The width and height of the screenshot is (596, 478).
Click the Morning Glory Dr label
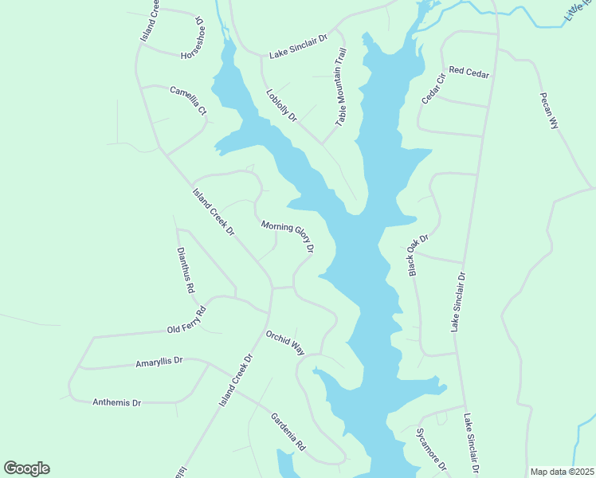pyautogui.click(x=288, y=237)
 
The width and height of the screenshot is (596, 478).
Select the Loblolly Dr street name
pyautogui.click(x=281, y=104)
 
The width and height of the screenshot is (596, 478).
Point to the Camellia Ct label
pyautogui.click(x=188, y=100)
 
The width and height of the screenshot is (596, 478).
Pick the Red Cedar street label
pyautogui.click(x=469, y=72)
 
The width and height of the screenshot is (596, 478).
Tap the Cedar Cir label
pyautogui.click(x=432, y=88)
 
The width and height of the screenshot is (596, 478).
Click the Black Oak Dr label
pyautogui.click(x=418, y=255)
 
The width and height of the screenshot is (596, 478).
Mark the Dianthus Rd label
pyautogui.click(x=185, y=270)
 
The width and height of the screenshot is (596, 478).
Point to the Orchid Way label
pyautogui.click(x=286, y=343)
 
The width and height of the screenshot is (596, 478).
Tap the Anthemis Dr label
pyautogui.click(x=116, y=402)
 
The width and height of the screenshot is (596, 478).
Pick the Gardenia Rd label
pyautogui.click(x=288, y=432)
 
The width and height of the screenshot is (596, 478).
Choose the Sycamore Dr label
pyautogui.click(x=431, y=449)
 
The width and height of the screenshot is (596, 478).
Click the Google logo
pyautogui.click(x=26, y=468)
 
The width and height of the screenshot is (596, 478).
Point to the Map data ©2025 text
pyautogui.click(x=562, y=472)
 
